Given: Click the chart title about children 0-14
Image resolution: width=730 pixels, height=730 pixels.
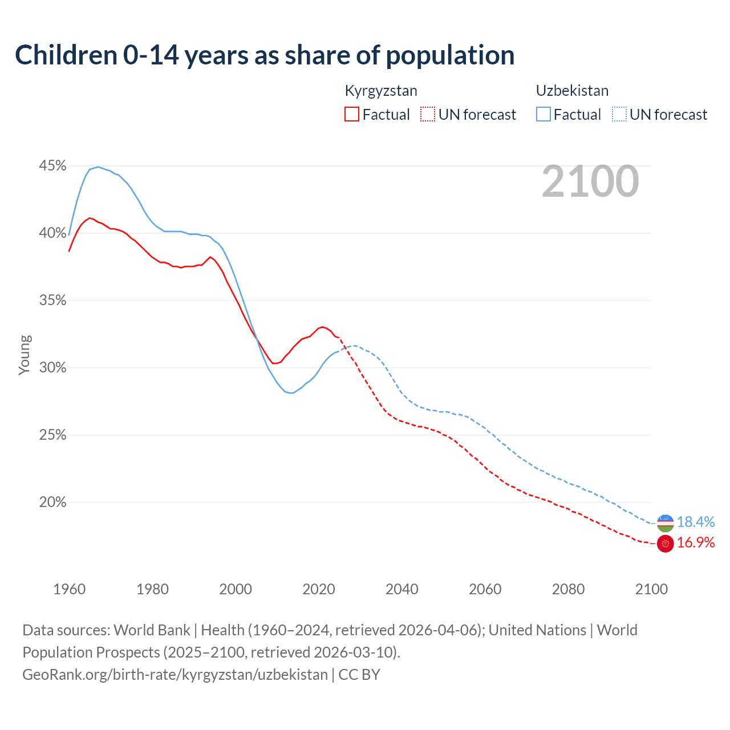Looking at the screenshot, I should coord(265,55).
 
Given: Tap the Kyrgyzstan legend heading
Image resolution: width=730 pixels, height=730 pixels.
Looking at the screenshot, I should coord(381,91).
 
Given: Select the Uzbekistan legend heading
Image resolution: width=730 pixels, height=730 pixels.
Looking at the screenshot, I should coord(572,91).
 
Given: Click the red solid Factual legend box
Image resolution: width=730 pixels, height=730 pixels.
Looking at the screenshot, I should coord(352,115).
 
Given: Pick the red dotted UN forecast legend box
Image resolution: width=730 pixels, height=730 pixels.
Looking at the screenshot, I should coord(428,115).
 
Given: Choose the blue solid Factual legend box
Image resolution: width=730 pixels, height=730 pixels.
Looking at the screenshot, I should coord(544,115).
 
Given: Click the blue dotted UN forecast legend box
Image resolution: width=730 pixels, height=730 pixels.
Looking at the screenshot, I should coord(619,115).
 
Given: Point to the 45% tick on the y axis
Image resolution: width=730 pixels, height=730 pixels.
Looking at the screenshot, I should coord(52,166).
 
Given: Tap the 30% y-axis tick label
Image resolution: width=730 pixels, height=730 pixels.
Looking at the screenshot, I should coord(52,368).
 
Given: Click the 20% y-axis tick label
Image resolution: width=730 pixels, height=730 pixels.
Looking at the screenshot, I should coord(52,502).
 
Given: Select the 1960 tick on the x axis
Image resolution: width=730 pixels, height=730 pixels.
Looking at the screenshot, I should coord(69,589).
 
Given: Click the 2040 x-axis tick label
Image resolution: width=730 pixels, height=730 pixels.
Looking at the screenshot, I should coord(401,589).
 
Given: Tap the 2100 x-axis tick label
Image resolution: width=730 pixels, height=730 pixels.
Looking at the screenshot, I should coord(651,589).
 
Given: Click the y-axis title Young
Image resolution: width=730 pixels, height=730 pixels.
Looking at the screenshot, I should coord(25,355).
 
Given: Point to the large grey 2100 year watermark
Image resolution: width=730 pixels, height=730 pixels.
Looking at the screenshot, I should coord(590,181).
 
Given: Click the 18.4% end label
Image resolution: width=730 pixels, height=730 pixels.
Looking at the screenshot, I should coord(696,522).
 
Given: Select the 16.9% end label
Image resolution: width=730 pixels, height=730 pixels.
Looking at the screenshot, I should coord(696,543).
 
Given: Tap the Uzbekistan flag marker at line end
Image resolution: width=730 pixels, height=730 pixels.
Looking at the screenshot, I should coord(666,522).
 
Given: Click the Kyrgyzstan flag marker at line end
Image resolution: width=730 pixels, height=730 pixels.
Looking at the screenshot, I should coord(666,544).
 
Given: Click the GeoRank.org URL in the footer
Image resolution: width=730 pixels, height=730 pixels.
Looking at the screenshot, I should coord(175,675).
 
